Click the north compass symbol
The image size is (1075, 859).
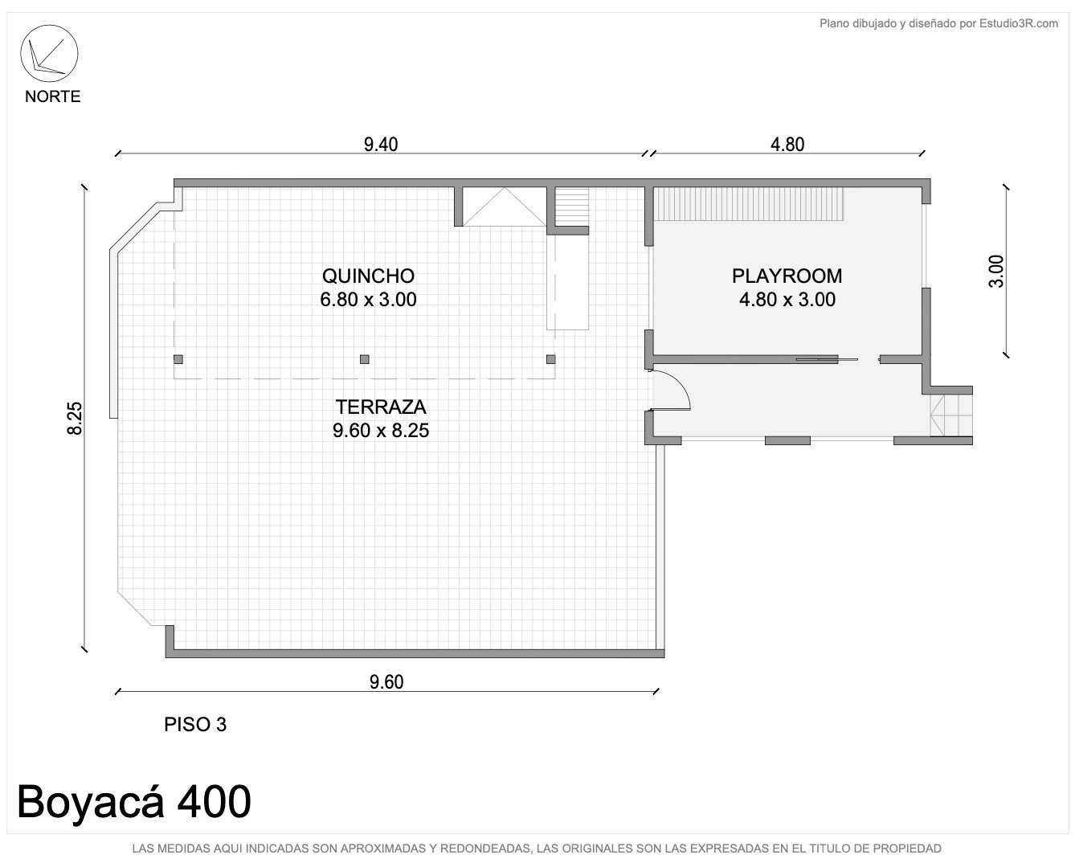[49, 54]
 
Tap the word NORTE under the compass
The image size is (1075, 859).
[52, 96]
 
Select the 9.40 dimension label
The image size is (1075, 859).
[381, 145]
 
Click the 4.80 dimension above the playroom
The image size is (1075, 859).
[787, 145]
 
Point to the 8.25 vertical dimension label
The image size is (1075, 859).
[75, 418]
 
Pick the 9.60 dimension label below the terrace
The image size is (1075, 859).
[386, 682]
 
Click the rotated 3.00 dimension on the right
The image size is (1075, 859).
[996, 272]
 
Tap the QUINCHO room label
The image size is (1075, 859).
[368, 276]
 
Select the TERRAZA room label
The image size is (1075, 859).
[381, 407]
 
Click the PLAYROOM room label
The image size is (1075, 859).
[787, 276]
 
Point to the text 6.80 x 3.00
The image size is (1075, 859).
[368, 300]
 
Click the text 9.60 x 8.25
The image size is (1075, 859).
[381, 430]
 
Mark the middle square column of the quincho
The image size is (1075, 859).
[365, 359]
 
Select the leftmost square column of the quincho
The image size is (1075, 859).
[178, 359]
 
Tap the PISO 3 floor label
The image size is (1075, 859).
[195, 725]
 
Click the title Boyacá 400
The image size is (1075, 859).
[134, 801]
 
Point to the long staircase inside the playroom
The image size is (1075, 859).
[749, 204]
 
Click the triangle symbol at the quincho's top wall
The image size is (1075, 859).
[505, 207]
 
